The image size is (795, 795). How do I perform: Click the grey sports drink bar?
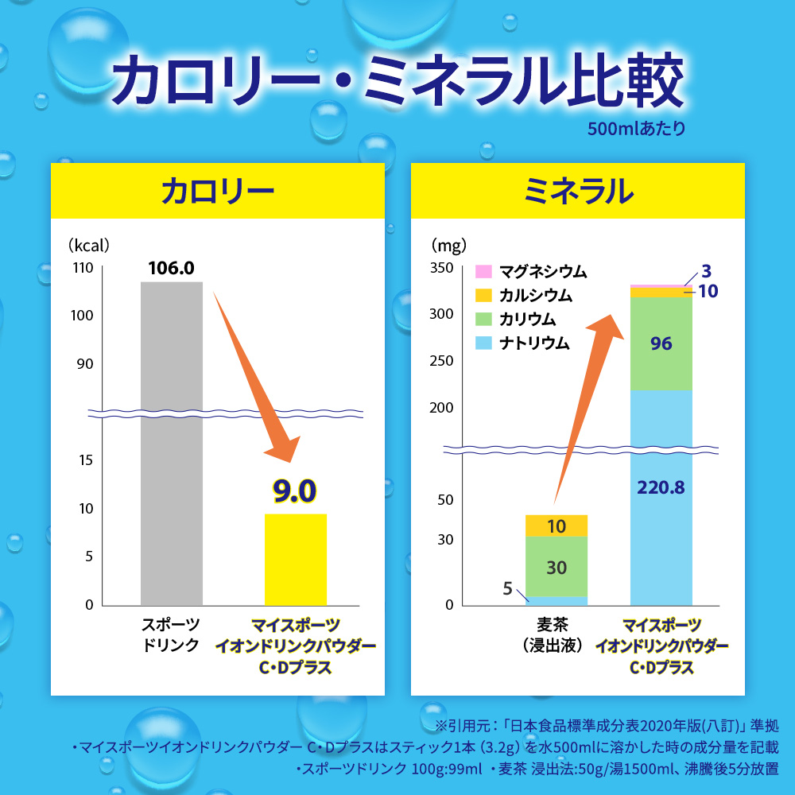point(172,444)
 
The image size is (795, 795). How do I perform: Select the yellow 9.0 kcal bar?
point(296,560)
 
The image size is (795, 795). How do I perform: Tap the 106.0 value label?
point(172,268)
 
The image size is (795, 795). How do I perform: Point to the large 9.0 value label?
point(295,491)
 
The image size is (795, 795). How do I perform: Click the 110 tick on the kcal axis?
point(83,268)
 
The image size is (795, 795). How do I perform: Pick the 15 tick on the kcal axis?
point(86,460)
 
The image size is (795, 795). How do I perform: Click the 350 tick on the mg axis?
point(441,268)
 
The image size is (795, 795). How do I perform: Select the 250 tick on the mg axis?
point(441,361)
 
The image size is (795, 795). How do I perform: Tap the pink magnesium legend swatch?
point(483,271)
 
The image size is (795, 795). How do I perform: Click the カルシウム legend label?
point(535,295)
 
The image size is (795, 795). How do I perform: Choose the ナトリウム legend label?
point(534,343)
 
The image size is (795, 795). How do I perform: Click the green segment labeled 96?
point(661,343)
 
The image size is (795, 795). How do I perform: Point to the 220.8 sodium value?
point(661,488)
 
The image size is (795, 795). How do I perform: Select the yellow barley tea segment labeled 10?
point(556,525)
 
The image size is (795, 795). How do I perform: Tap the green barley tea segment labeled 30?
point(556,566)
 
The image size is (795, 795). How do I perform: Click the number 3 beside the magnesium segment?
point(706,271)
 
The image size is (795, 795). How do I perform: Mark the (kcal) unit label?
point(89,246)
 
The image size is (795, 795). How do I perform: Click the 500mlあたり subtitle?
point(636,128)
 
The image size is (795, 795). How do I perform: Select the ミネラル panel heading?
point(578,192)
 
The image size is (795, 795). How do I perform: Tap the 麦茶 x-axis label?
point(553,625)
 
